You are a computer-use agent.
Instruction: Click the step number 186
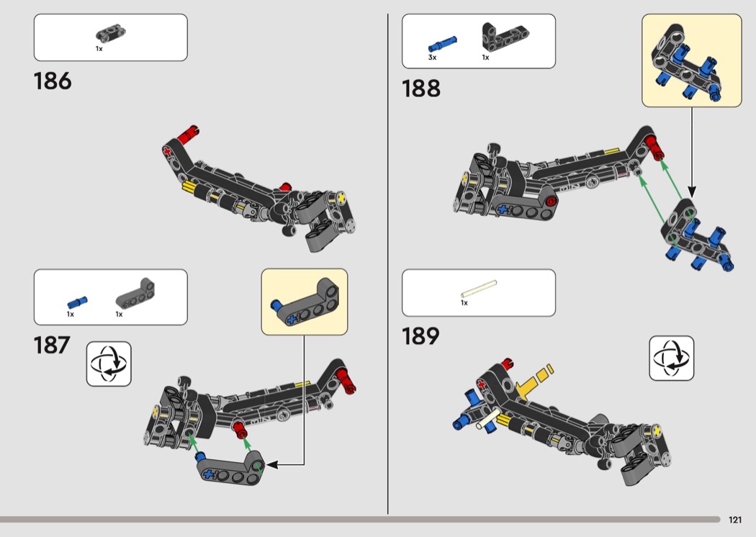click(x=53, y=81)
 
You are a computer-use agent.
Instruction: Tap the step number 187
click(x=52, y=345)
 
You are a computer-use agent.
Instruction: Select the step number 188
click(x=421, y=89)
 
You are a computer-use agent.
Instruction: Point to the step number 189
click(x=420, y=336)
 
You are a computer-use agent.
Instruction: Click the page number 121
click(x=735, y=520)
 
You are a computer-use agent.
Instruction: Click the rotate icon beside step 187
click(x=109, y=364)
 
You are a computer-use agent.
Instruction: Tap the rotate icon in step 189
click(x=672, y=358)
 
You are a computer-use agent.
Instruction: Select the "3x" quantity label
click(x=432, y=58)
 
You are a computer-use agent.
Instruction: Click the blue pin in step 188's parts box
click(x=442, y=44)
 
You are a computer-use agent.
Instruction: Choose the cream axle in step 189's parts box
click(x=478, y=289)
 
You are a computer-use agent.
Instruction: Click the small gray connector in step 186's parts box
click(x=110, y=35)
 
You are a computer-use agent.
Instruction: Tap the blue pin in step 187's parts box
click(x=77, y=302)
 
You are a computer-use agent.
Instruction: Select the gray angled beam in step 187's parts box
click(x=135, y=294)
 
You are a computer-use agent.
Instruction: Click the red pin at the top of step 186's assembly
click(x=187, y=135)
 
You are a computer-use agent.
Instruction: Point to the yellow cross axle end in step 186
click(x=342, y=198)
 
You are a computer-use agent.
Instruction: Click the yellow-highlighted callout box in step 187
click(x=305, y=302)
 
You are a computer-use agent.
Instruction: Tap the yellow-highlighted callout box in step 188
click(x=691, y=60)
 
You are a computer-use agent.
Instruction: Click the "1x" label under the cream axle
click(x=464, y=303)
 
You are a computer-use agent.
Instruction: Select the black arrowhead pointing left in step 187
click(x=272, y=465)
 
